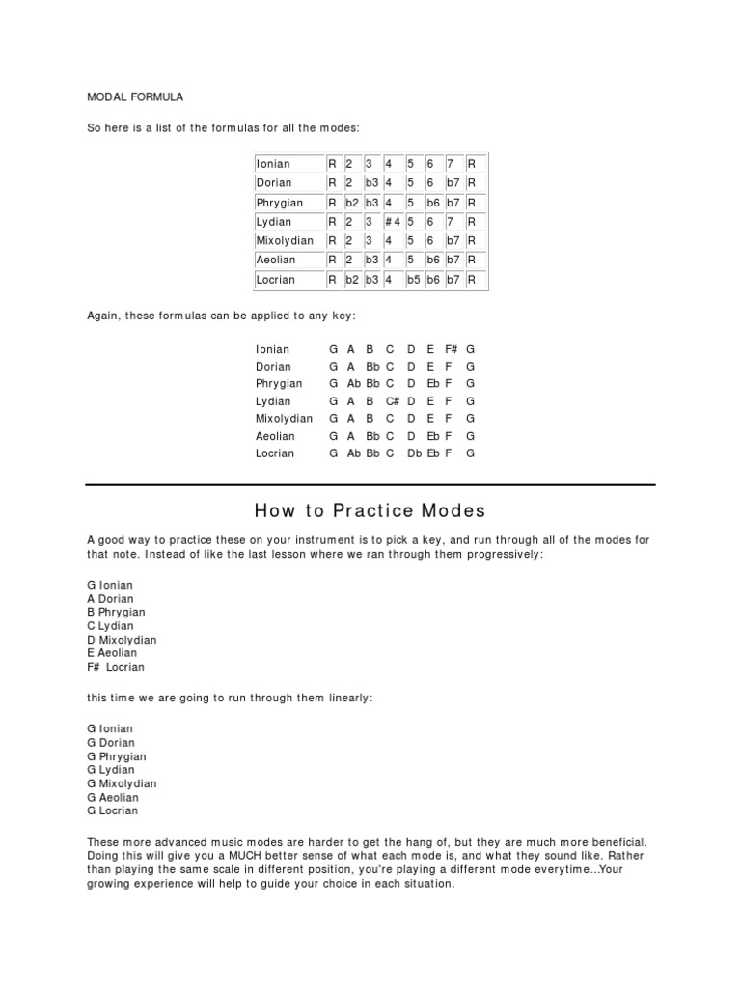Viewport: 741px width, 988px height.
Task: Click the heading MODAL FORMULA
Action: click(135, 96)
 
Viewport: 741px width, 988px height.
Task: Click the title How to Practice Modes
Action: click(370, 510)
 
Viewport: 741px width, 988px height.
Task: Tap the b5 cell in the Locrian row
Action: click(414, 280)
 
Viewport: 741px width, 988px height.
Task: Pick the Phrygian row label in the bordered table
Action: click(280, 203)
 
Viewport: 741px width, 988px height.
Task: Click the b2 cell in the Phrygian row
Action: click(352, 203)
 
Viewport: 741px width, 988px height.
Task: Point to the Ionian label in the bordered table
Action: click(273, 164)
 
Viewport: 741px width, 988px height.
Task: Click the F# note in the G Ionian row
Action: click(451, 349)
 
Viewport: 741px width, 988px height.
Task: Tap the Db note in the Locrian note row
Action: click(415, 453)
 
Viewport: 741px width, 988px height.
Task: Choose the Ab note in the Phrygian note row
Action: click(354, 384)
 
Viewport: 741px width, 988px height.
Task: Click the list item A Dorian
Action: click(110, 599)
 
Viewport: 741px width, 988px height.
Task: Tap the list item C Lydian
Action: click(109, 626)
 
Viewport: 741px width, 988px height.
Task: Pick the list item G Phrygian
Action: click(116, 757)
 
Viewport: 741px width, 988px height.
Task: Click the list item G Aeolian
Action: click(113, 798)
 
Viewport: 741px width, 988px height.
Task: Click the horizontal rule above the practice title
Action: click(370, 484)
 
